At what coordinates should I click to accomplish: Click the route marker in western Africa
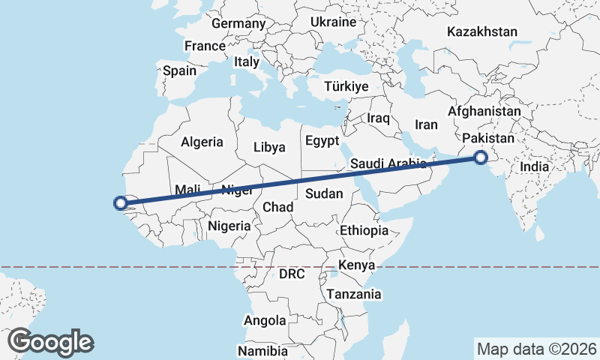[x=120, y=202]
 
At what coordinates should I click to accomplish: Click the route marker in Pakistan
[x=480, y=157]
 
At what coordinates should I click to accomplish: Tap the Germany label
[x=238, y=23]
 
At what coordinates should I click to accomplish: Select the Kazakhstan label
[x=482, y=31]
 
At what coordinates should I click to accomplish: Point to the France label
[x=205, y=46]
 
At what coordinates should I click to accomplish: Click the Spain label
[x=179, y=71]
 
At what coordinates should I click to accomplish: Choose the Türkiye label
[x=346, y=86]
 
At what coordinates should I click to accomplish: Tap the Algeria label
[x=202, y=141]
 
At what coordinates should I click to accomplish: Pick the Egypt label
[x=322, y=140]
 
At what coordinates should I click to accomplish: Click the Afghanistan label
[x=484, y=111]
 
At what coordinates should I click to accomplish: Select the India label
[x=535, y=167]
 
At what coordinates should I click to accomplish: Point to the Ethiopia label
[x=364, y=230]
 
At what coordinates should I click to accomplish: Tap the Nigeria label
[x=229, y=225]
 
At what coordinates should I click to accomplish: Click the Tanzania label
[x=354, y=294]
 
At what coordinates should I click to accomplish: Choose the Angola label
[x=265, y=320]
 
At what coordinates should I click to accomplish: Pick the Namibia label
[x=262, y=351]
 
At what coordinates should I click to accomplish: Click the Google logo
[x=51, y=341]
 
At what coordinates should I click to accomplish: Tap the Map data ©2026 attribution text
[x=536, y=349]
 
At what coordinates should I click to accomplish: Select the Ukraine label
[x=334, y=22]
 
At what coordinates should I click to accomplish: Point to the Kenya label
[x=357, y=265]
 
